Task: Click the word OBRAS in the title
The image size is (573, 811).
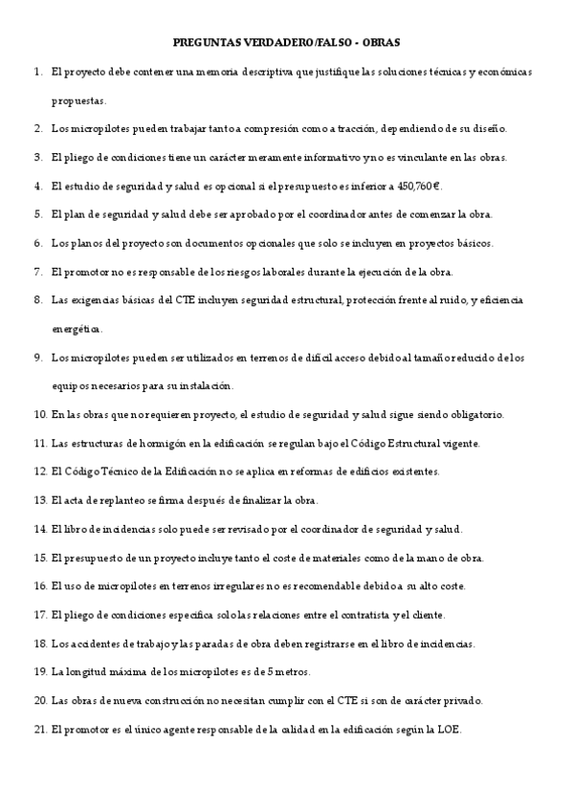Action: click(382, 43)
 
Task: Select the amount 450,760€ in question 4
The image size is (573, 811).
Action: click(418, 186)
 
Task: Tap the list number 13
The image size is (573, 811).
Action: click(40, 500)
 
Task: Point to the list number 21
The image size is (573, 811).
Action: click(40, 729)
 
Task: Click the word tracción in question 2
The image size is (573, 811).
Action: click(356, 128)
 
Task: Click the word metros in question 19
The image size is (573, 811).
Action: click(280, 671)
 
